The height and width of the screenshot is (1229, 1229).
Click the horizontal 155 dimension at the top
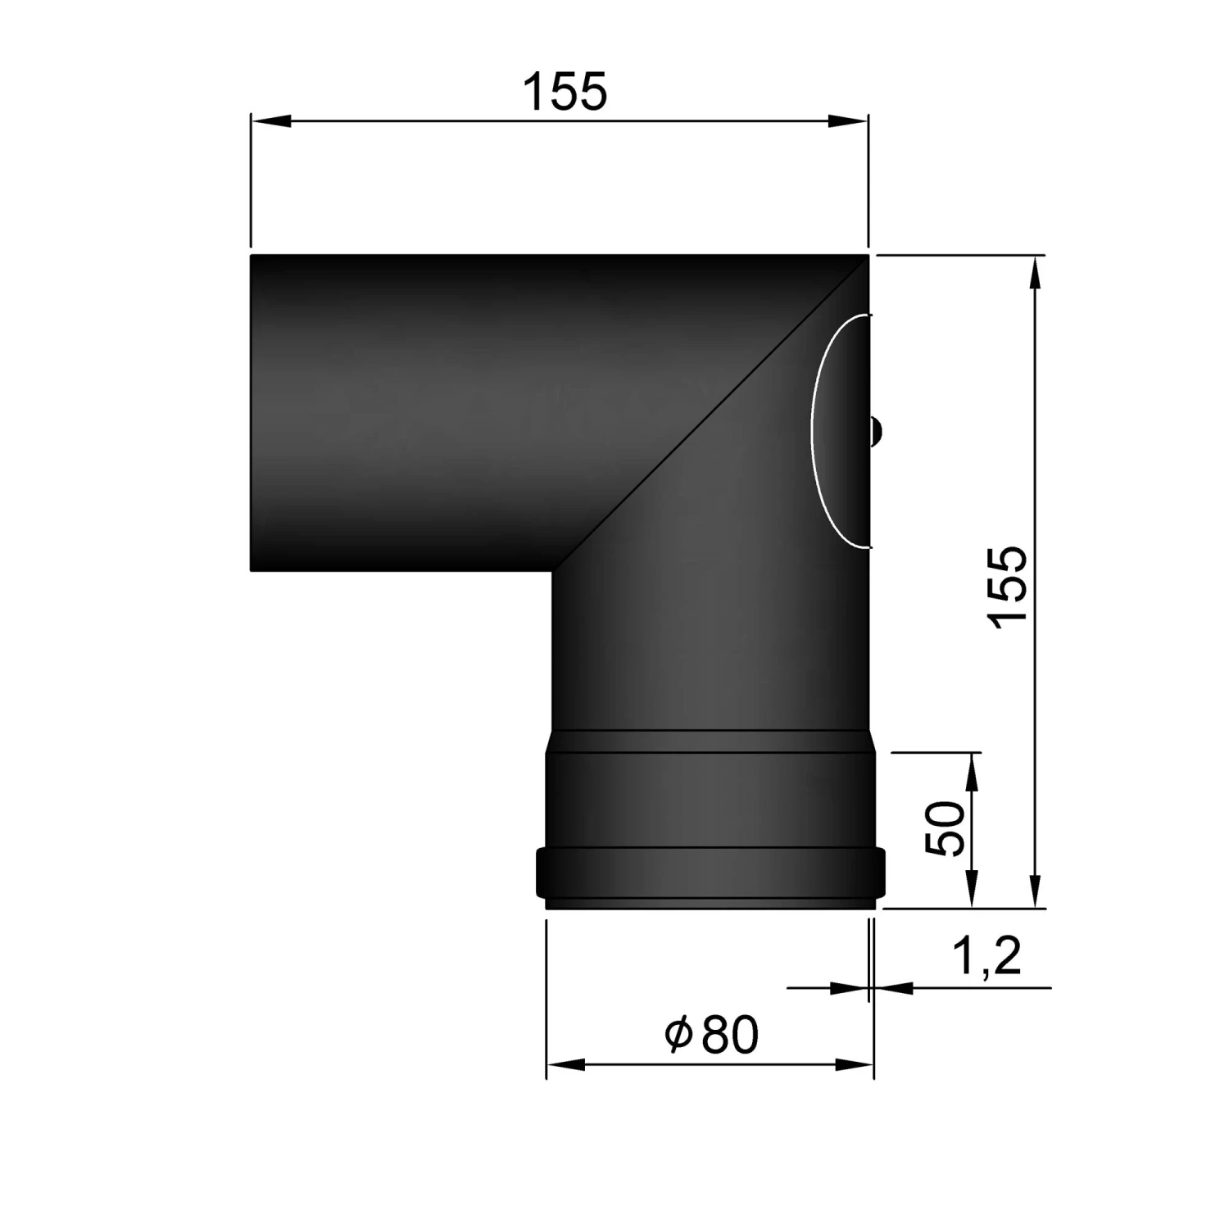pyautogui.click(x=565, y=91)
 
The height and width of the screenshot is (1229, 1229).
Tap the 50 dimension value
pyautogui.click(x=948, y=829)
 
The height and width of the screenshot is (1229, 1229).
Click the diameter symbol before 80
pyautogui.click(x=679, y=1036)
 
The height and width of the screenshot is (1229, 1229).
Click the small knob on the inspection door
pyautogui.click(x=875, y=430)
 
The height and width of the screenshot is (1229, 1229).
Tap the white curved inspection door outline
pyautogui.click(x=813, y=430)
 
